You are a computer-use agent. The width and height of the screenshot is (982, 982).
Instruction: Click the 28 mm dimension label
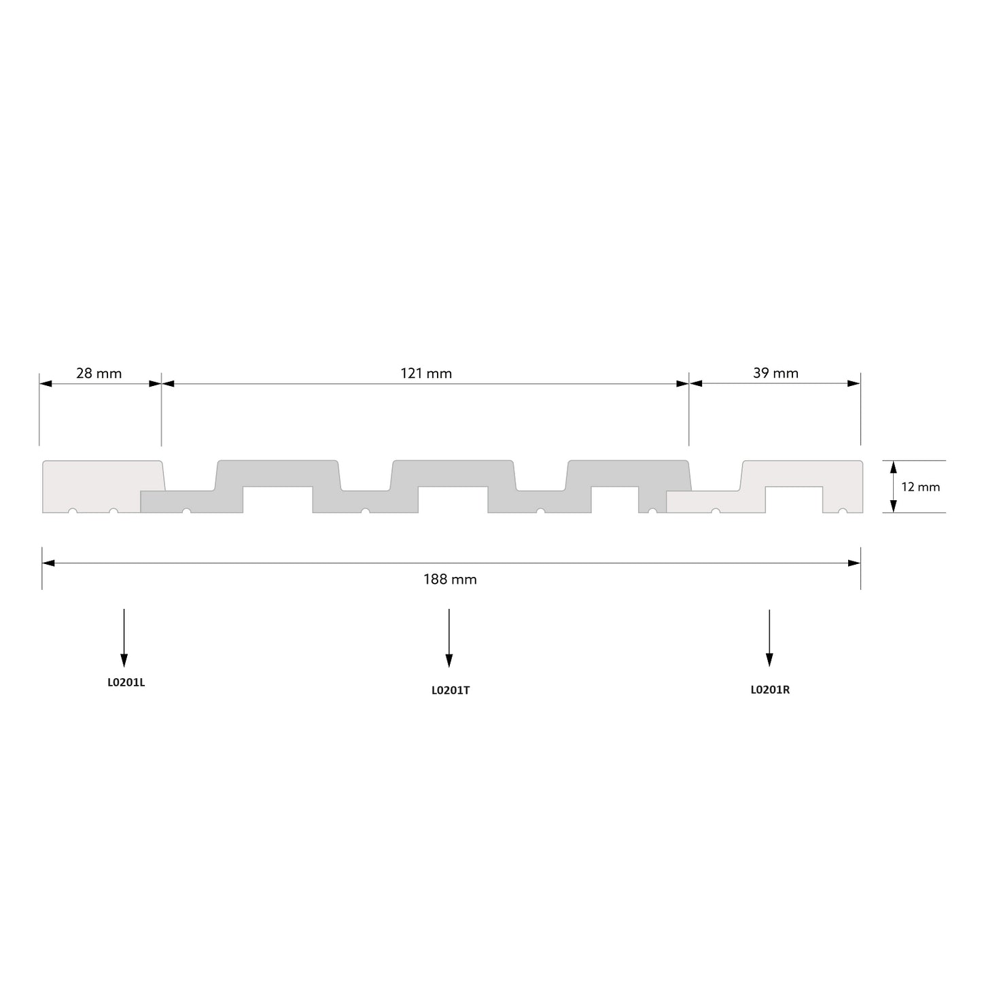pos(99,374)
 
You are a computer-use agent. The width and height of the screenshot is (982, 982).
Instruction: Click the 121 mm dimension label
pos(426,374)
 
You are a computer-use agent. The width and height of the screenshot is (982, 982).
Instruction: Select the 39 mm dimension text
pos(775,373)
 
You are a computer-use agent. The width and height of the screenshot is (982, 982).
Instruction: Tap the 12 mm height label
pos(920,487)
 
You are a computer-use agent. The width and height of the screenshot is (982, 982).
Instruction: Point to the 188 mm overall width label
pos(450,580)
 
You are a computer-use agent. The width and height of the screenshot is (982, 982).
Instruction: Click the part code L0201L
pos(126,682)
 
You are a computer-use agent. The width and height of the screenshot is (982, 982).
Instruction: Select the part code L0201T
pos(451,690)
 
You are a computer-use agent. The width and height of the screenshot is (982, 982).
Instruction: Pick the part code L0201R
pos(770,690)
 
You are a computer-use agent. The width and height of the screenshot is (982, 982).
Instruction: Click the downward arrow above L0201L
pos(124,637)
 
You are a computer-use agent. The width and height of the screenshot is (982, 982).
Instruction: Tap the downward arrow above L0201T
pos(449,638)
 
